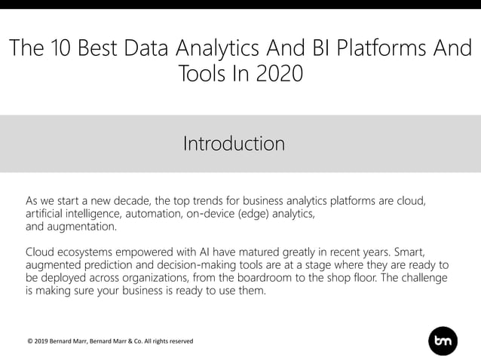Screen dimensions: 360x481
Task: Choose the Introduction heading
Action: [234, 143]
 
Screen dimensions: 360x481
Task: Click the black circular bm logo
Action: [443, 341]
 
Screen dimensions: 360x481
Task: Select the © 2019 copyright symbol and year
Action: [38, 341]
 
